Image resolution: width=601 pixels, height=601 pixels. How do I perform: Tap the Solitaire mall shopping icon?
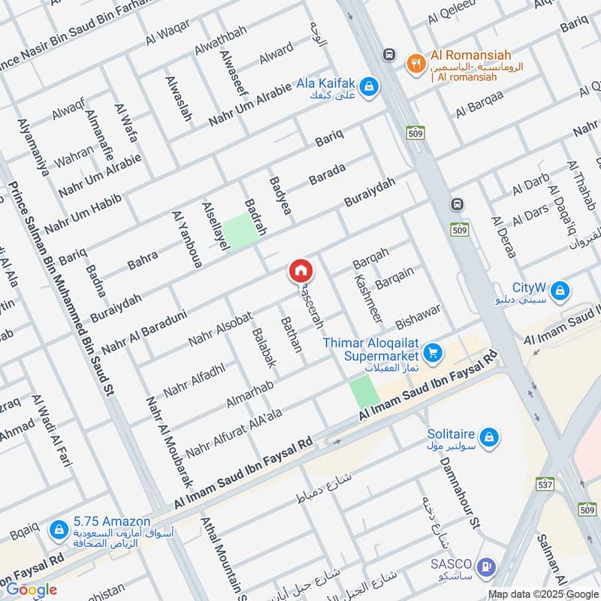[488, 436]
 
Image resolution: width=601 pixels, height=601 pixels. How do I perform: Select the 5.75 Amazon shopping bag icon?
[59, 530]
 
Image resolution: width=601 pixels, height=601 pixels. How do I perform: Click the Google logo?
[32, 590]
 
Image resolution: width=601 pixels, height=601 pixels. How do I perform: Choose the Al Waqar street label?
[169, 35]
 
